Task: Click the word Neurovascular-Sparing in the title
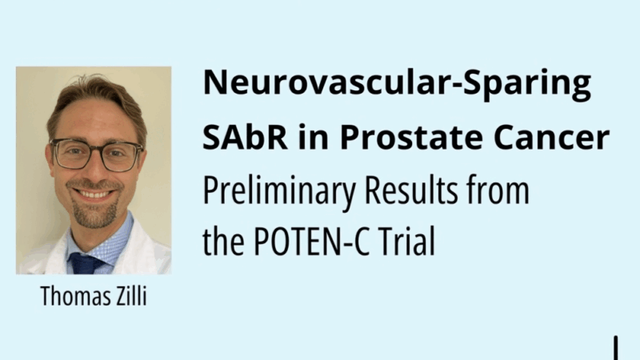[398, 84]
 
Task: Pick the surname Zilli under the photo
[128, 297]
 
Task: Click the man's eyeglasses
[96, 154]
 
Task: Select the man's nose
[97, 170]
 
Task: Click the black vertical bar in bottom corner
[616, 348]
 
